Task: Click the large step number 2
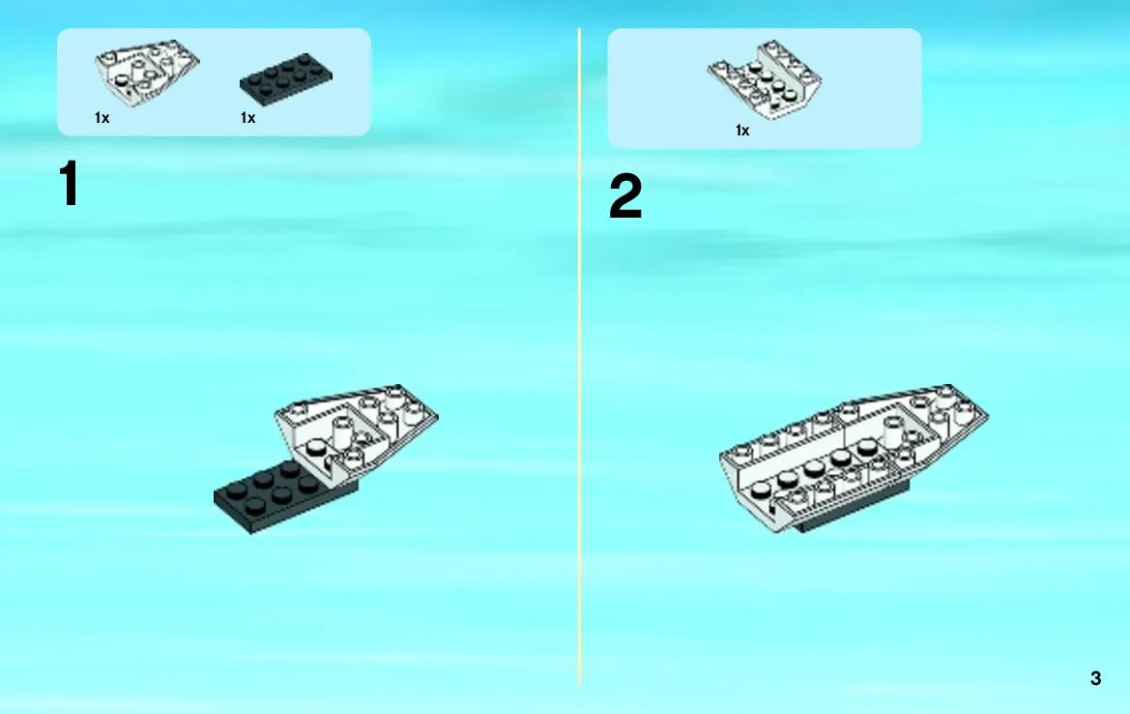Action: pos(624,196)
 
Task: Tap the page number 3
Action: pos(1095,678)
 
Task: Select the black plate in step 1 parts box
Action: pos(286,78)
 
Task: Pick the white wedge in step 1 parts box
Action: pos(147,73)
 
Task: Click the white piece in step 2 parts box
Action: pos(765,79)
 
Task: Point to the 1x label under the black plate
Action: pos(247,118)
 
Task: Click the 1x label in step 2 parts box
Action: pos(742,131)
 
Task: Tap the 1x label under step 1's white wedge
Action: pos(102,118)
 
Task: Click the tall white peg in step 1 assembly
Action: pos(343,432)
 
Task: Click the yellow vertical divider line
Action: pos(579,356)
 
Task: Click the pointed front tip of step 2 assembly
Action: pos(988,415)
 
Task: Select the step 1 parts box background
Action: pos(214,82)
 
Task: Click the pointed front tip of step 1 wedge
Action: pos(438,415)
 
